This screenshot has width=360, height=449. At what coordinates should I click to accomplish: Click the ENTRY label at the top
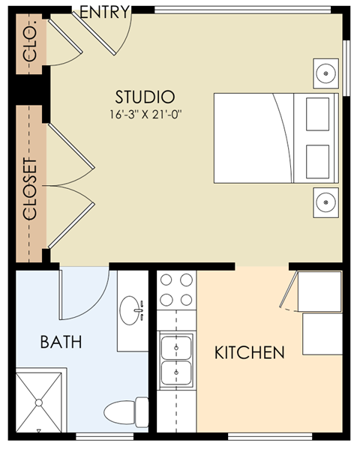pos(104,12)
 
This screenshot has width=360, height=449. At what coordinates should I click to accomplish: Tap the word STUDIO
pos(145,97)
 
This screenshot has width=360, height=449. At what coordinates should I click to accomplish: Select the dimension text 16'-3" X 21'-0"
pos(145,115)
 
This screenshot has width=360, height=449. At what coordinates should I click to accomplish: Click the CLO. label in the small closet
pos(31,46)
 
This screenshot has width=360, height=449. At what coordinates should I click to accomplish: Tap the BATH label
pos(61,343)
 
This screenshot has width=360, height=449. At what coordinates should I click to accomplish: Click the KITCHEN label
pos(249,352)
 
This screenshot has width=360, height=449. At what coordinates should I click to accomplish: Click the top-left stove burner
pos(167,281)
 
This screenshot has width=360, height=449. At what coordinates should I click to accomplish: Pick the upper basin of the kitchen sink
pos(177,347)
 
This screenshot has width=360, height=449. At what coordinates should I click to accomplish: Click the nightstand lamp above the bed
pos(325,73)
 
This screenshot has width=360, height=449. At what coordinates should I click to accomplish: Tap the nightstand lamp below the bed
pos(325,202)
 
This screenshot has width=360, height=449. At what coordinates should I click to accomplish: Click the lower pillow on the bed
pos(318,159)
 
